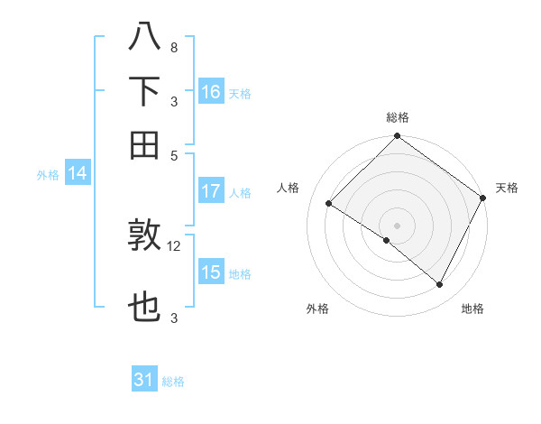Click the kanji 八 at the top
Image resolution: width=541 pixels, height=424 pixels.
[x=144, y=38]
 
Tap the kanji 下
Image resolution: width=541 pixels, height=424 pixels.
[x=144, y=91]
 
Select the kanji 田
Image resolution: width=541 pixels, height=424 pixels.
[x=144, y=143]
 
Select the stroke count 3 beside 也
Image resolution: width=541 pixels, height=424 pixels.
[x=173, y=318]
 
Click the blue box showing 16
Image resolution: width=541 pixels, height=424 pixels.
[x=211, y=92]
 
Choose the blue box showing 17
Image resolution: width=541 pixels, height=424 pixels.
[x=211, y=191]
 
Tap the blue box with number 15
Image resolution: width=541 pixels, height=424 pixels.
[x=211, y=272]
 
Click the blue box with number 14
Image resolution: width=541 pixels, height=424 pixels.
[x=78, y=174]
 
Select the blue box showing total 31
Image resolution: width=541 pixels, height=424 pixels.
[x=144, y=380]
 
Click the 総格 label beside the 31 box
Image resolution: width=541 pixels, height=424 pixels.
[x=173, y=382]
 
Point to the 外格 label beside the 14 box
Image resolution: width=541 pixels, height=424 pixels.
[x=48, y=175]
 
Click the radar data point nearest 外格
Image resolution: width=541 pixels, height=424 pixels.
[x=387, y=240]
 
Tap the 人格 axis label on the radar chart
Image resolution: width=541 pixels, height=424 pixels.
[x=289, y=188]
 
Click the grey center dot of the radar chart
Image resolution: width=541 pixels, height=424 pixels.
[x=397, y=225]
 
